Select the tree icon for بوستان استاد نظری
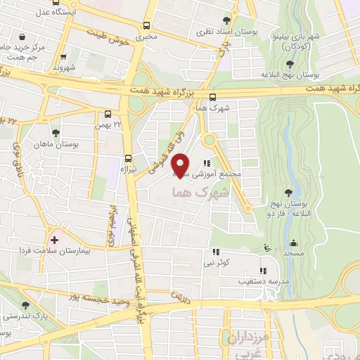point(226,20)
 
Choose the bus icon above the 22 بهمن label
point(108,113)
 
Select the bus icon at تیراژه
point(128,158)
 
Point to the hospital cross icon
point(55,240)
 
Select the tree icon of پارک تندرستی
point(26,305)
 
